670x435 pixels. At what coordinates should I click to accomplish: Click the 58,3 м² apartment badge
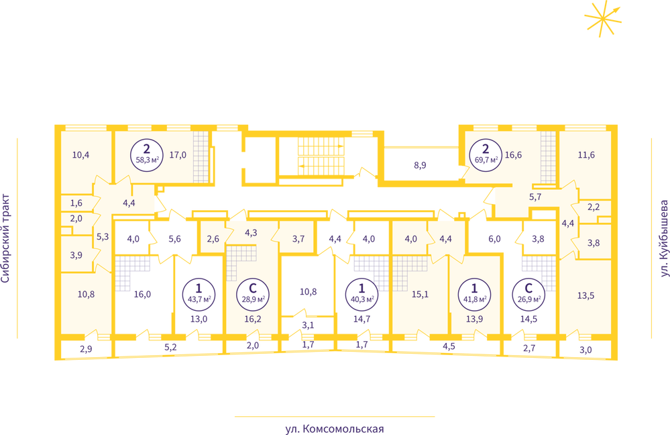[147, 155]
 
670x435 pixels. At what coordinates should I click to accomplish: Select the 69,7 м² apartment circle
[486, 155]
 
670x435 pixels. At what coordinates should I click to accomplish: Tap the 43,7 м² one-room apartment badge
[199, 294]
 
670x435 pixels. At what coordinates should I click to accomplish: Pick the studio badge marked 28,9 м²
[253, 294]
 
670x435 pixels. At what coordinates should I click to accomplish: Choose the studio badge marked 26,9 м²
[528, 294]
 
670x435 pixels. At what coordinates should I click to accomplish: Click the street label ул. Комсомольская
[335, 428]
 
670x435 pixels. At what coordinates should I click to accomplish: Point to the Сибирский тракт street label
[5, 238]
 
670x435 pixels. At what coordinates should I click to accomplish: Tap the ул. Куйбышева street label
[664, 238]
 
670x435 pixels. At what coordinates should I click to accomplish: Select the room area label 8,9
[420, 165]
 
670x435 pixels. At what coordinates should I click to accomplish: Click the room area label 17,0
[178, 155]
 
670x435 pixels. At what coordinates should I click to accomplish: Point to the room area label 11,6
[586, 155]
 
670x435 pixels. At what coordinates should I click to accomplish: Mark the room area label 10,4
[80, 155]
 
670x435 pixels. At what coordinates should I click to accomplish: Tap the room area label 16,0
[142, 294]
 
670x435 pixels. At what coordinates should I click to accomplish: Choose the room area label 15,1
[420, 294]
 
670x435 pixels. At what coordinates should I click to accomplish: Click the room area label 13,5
[585, 295]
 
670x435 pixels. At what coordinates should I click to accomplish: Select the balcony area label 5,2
[170, 347]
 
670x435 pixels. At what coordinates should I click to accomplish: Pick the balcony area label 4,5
[449, 346]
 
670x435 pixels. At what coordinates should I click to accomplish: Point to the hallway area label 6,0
[494, 239]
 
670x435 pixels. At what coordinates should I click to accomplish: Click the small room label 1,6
[76, 203]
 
